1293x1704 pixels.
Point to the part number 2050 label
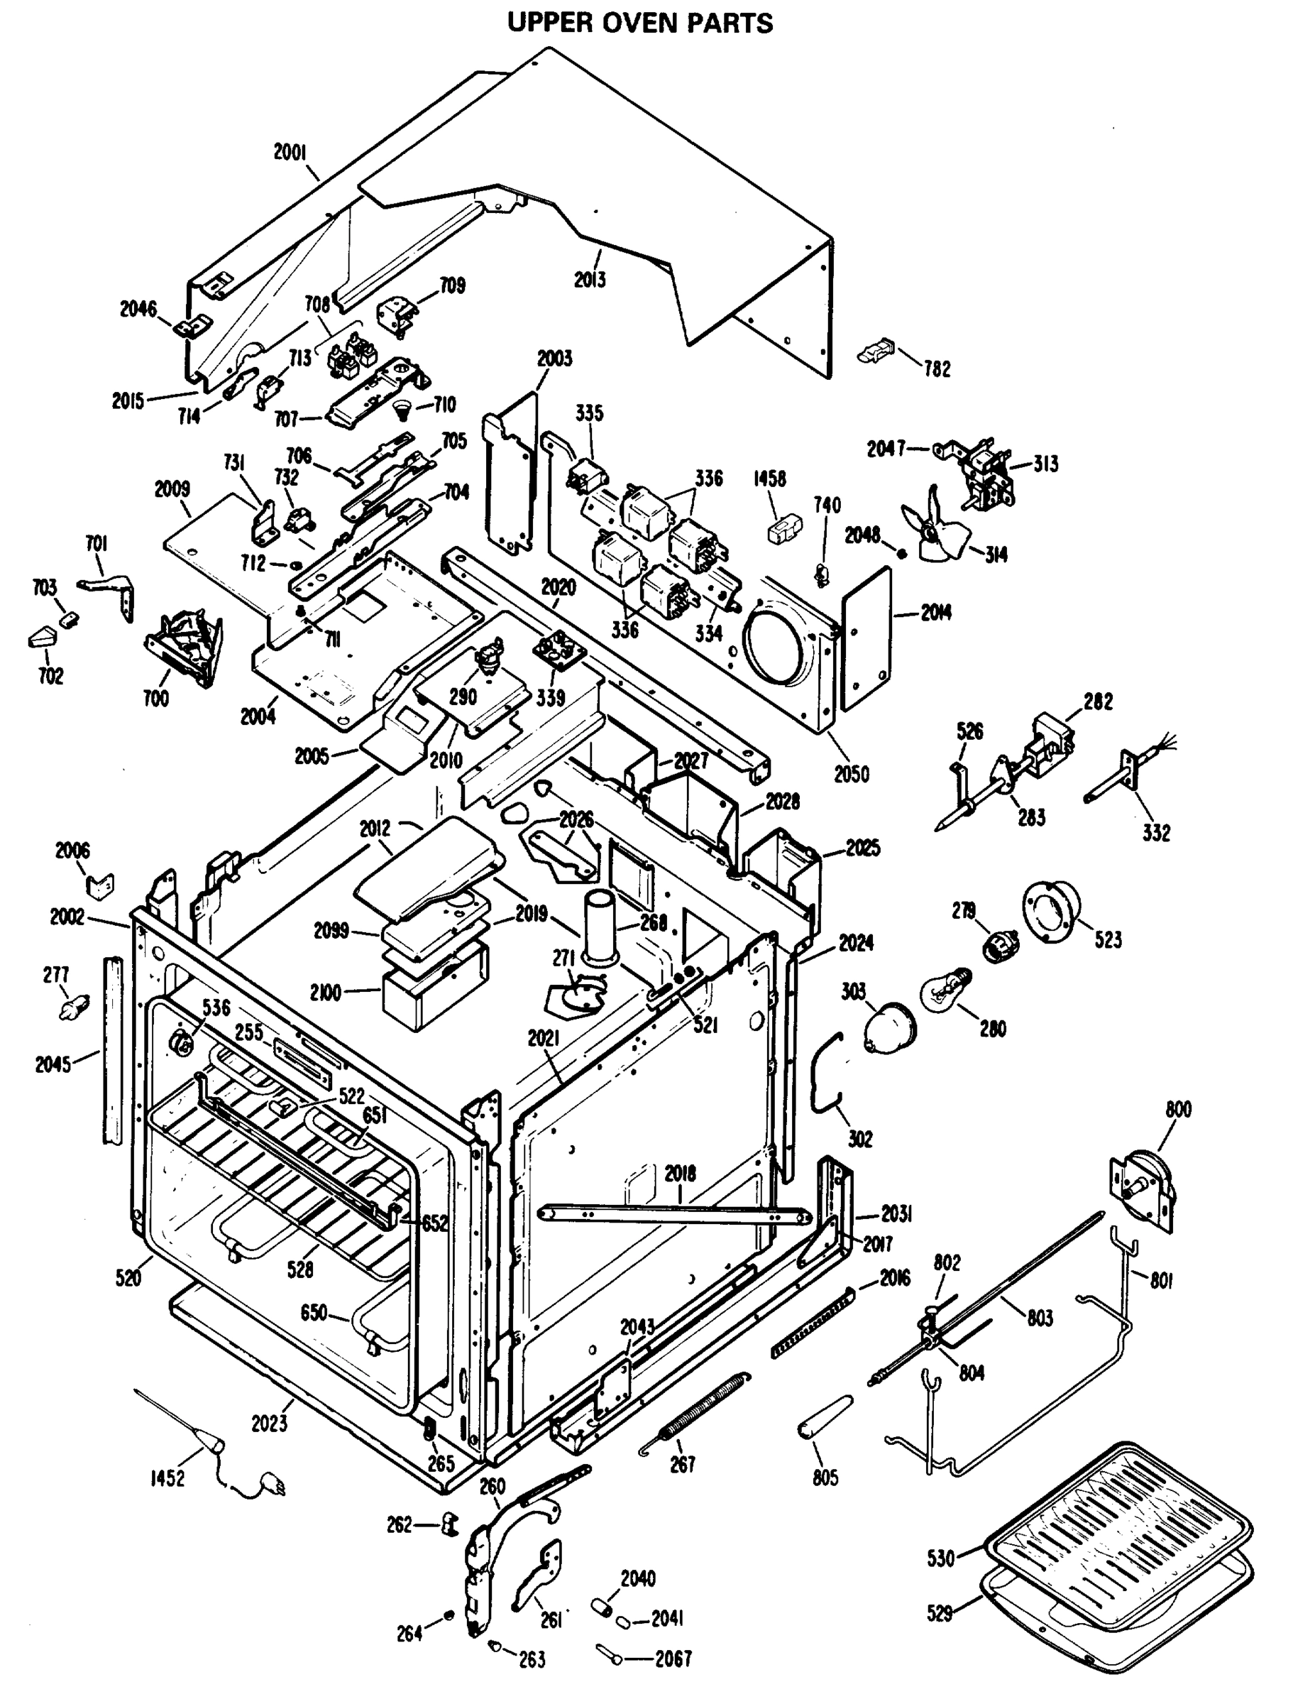pos(852,773)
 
